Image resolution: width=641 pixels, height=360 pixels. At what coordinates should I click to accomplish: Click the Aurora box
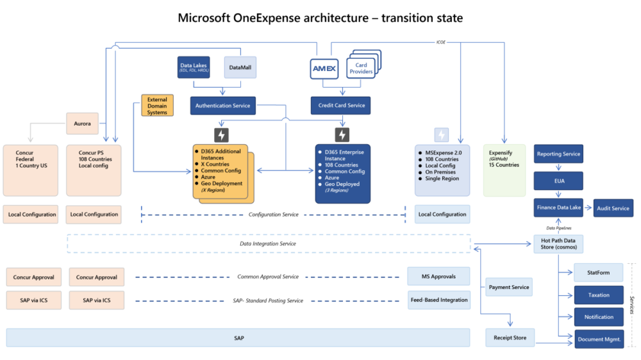(x=82, y=124)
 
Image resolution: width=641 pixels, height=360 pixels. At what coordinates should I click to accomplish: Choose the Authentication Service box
(x=222, y=105)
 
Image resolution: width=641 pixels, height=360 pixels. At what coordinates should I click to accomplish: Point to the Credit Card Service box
(x=340, y=105)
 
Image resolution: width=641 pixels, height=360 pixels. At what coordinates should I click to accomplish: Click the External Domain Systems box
(x=157, y=106)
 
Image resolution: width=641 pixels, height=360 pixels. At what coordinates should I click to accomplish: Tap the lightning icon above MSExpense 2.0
(x=442, y=135)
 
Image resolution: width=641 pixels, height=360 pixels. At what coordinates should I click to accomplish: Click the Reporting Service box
(x=558, y=154)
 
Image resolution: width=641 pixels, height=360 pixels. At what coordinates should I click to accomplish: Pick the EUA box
(x=558, y=181)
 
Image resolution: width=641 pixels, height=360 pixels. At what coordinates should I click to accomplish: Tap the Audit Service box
(x=613, y=208)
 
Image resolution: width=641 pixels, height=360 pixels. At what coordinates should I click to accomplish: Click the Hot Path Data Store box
(x=558, y=244)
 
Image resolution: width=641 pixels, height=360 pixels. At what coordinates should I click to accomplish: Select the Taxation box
(x=599, y=295)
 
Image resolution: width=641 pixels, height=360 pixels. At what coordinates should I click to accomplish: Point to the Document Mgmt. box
(x=599, y=340)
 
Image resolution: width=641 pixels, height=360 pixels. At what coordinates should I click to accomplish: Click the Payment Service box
(x=509, y=287)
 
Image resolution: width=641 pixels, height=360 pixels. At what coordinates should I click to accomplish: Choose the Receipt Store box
(x=510, y=338)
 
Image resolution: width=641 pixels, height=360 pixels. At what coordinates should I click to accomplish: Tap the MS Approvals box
(x=438, y=277)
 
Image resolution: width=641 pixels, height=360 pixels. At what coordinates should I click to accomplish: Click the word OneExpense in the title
(x=269, y=17)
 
